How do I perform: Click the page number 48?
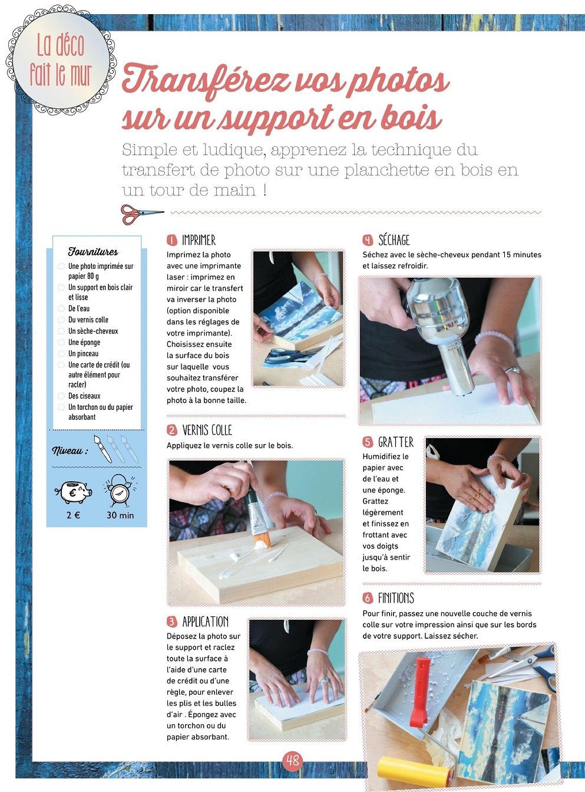point(292,761)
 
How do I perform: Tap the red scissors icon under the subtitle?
point(143,214)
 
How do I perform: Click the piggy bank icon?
point(74,492)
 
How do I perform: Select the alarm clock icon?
point(120,490)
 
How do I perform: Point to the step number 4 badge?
point(368,241)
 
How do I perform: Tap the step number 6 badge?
point(368,598)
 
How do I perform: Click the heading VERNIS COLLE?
point(207,430)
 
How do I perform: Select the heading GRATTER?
point(396,442)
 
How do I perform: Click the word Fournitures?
point(93,252)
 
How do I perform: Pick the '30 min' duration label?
point(120,515)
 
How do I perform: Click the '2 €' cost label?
point(74,515)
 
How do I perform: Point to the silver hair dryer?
point(444,332)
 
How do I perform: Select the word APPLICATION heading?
point(206,622)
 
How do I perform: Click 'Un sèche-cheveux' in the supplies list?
point(93,331)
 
